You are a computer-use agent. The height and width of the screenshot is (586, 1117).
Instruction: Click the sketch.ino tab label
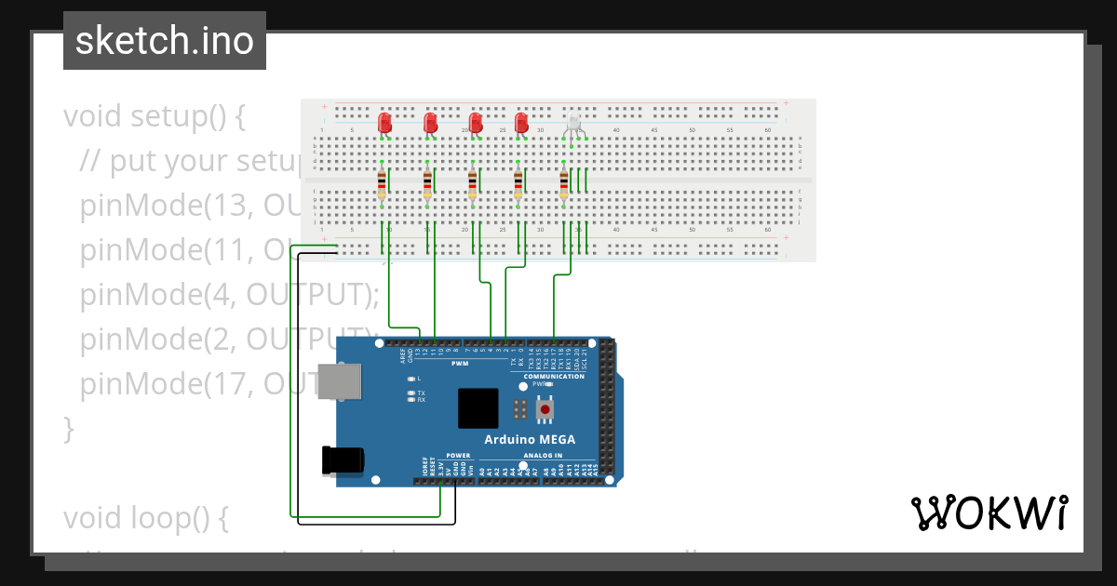tap(165, 41)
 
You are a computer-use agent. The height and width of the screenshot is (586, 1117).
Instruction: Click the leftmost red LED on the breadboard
tap(385, 122)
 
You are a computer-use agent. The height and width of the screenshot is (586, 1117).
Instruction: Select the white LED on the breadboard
tap(573, 123)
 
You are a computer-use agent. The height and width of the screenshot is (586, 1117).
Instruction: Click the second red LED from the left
tap(430, 122)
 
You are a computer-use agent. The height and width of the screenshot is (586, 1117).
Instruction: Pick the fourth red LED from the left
tap(521, 122)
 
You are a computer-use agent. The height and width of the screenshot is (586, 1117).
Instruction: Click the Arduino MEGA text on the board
tap(529, 439)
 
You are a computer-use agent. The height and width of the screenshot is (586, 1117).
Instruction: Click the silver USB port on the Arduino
tap(340, 381)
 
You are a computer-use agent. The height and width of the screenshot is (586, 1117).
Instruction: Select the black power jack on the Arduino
tap(343, 460)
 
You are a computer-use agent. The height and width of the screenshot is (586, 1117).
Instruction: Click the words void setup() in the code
tap(155, 117)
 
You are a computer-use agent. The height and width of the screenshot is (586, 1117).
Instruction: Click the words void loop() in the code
tap(145, 517)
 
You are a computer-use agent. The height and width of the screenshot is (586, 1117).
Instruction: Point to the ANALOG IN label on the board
tap(543, 456)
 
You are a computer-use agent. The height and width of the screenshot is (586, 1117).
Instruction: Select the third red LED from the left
tap(476, 122)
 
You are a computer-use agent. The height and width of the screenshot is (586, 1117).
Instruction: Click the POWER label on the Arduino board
tap(458, 456)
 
